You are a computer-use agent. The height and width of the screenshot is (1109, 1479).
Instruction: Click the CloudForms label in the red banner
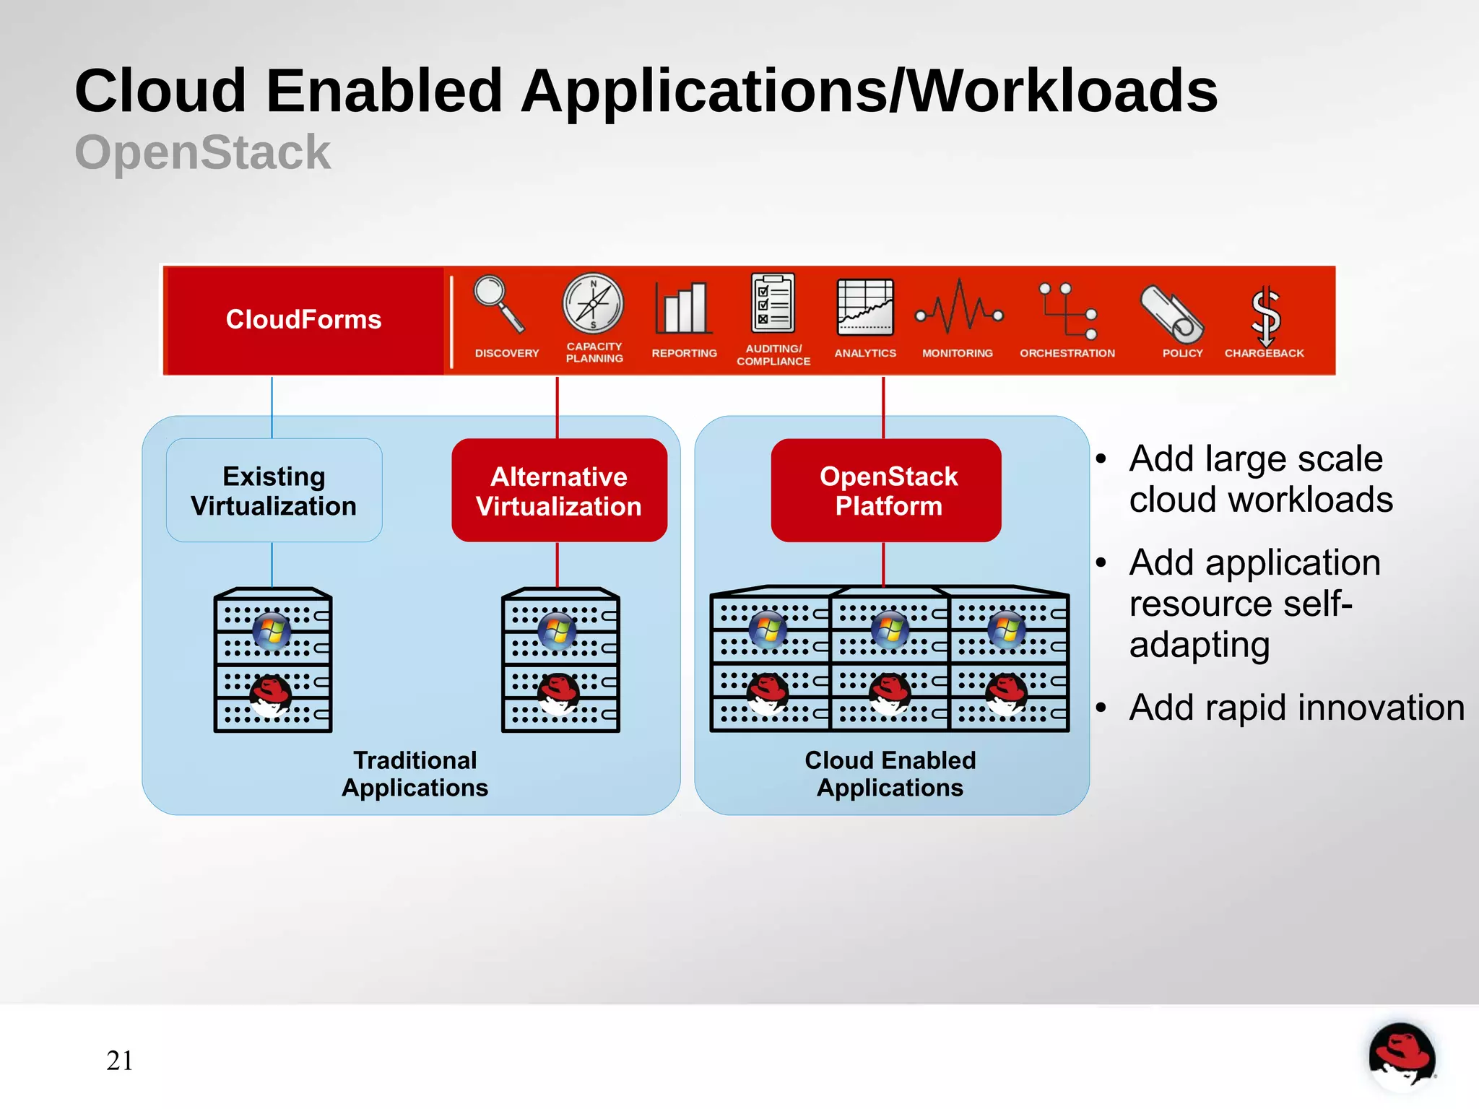[x=303, y=319]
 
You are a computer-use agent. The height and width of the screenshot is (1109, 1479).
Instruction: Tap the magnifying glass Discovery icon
[x=498, y=304]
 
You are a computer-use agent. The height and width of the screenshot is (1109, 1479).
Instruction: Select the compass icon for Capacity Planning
[x=593, y=304]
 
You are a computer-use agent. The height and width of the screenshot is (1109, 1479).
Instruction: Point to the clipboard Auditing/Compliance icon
[x=773, y=303]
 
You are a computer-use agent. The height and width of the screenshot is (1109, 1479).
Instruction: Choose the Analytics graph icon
[x=864, y=308]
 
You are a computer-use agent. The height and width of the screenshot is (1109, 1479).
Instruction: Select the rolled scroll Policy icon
[x=1171, y=313]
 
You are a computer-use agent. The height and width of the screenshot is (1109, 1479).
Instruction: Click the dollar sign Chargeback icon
[x=1265, y=315]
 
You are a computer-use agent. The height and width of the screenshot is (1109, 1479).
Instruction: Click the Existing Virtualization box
[x=274, y=490]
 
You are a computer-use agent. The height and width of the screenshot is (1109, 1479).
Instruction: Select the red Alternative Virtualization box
[x=559, y=490]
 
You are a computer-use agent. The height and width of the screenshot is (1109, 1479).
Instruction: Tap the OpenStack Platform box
[x=887, y=490]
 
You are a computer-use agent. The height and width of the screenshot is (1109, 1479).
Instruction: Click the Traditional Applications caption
[x=415, y=773]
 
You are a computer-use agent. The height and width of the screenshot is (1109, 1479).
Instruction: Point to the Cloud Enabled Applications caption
[x=890, y=773]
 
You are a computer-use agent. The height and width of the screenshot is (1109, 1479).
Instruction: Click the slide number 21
[x=119, y=1060]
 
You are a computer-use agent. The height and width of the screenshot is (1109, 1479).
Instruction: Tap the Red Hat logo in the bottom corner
[x=1401, y=1056]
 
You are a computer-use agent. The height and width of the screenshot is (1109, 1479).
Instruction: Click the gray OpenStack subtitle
[x=202, y=152]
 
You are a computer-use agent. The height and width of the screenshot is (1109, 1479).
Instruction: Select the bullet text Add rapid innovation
[x=1296, y=707]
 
